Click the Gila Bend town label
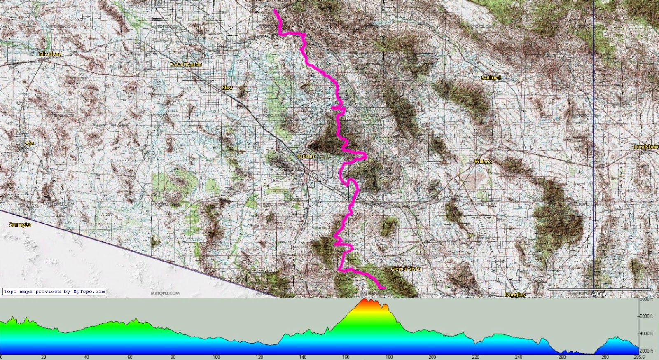[51, 54]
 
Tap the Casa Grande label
[186, 64]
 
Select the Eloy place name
[227, 88]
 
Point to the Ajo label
[29, 143]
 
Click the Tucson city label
[305, 156]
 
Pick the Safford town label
[491, 77]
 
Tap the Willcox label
[483, 161]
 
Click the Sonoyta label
[20, 224]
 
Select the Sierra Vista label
[406, 269]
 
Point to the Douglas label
[515, 294]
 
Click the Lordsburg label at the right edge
[646, 147]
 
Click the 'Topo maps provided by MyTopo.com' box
[54, 292]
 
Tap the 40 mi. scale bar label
[599, 294]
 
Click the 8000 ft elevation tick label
[646, 299]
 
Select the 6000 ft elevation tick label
[646, 316]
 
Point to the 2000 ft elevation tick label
[646, 351]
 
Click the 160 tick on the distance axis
[346, 357]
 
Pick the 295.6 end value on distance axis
[639, 357]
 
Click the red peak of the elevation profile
[365, 301]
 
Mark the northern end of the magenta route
[275, 10]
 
